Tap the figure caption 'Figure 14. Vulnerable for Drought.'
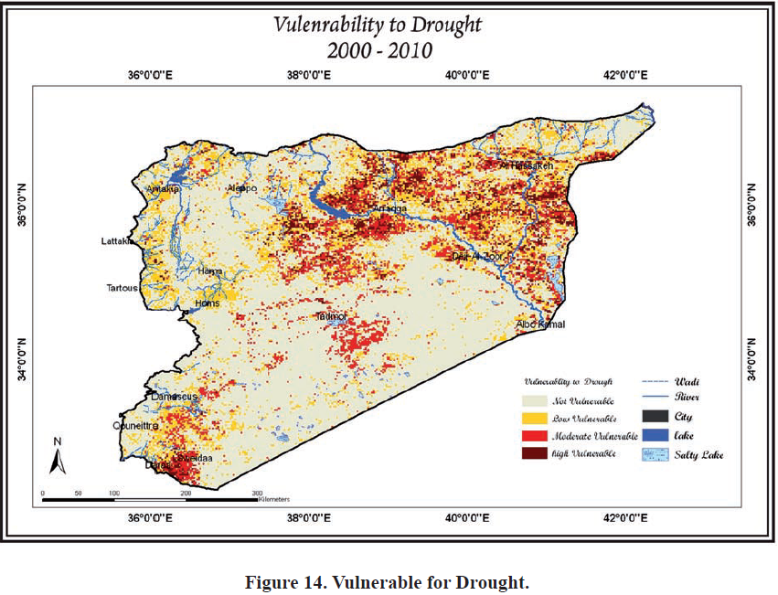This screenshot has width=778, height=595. [x=388, y=582]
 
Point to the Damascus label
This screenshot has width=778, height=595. [x=174, y=397]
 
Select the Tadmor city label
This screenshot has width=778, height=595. [x=334, y=316]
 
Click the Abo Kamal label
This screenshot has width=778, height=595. [x=540, y=324]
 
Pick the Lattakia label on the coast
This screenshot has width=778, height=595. [x=118, y=241]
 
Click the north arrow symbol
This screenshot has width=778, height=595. [x=57, y=457]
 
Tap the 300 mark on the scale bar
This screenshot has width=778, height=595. [x=257, y=493]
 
